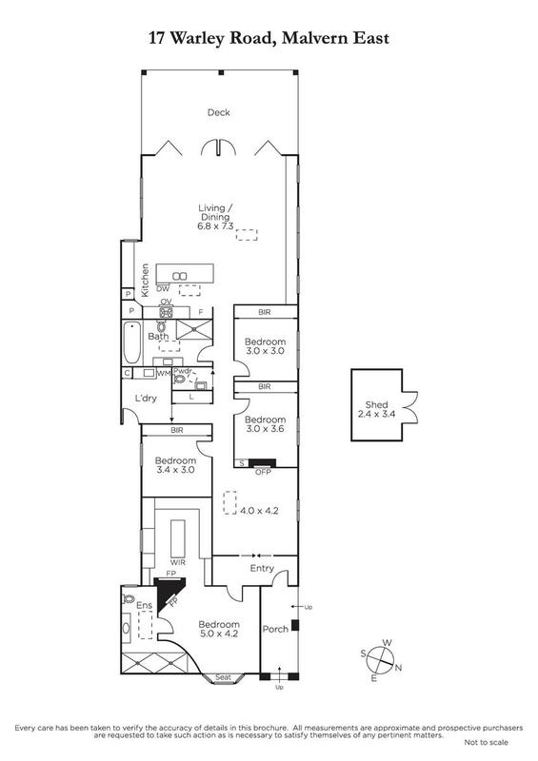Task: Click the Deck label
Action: pos(219,112)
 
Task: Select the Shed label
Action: pos(377,405)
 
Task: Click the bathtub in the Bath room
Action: pos(132,342)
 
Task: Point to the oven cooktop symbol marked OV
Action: pos(167,312)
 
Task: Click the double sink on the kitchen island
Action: pos(180,276)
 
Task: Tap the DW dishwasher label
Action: pos(163,289)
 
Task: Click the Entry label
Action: pos(262,568)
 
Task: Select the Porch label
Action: pos(275,629)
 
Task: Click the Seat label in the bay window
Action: pos(223,677)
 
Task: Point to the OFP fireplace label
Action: pos(263,472)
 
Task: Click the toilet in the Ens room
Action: pos(129,597)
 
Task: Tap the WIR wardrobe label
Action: pos(177,562)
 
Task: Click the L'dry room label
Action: pos(146,399)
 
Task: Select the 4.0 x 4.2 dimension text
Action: pos(259,511)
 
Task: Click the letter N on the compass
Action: pos(399,668)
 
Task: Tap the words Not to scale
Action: pos(486,742)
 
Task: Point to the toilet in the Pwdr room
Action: pos(180,379)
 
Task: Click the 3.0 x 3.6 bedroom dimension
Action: pos(265,429)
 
